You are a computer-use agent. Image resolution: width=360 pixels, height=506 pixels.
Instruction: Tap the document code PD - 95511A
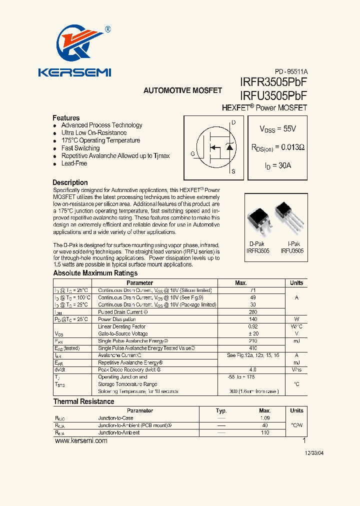coord(291,71)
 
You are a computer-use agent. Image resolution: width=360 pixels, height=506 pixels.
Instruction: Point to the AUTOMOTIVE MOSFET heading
coord(182,90)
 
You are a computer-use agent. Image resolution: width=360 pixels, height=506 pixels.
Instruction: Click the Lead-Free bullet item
coord(74,163)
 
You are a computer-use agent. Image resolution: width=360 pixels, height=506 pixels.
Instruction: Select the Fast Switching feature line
coord(80,148)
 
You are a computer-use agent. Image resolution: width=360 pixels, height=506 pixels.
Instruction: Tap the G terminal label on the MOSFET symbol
coord(192,154)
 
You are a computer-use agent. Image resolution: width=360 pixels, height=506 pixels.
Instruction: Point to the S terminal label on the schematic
coord(233,171)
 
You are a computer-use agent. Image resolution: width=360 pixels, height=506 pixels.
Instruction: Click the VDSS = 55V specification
coord(277,129)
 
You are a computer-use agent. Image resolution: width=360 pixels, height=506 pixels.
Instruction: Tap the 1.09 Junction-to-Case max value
coord(265,418)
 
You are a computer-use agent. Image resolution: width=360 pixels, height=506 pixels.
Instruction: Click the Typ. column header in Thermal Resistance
coord(221,410)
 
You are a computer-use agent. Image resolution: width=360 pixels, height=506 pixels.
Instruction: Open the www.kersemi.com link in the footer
coord(80,441)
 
